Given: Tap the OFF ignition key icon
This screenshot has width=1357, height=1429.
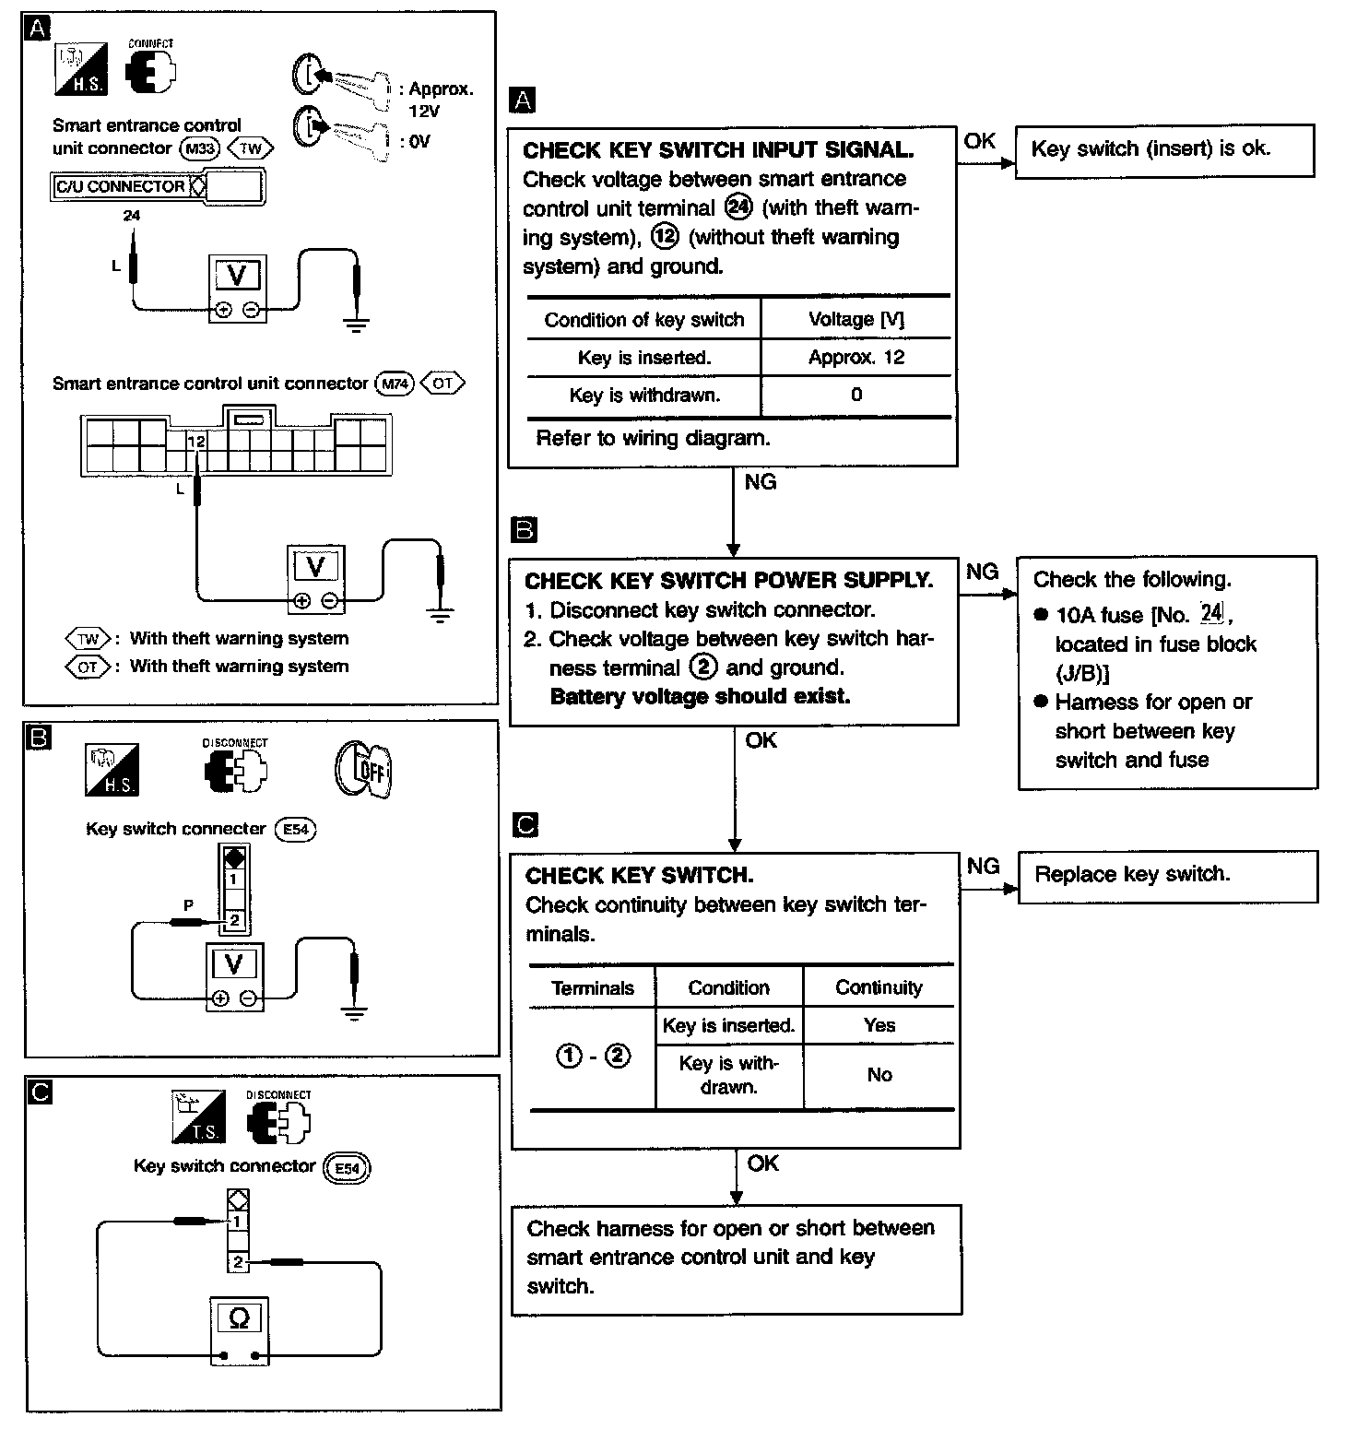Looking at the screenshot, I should pos(363,769).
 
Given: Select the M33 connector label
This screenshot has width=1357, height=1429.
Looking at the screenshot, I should pos(199,149).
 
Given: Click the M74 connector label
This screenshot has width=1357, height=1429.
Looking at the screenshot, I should pos(395,384).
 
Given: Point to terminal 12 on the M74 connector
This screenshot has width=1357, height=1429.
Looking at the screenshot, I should pos(195,442).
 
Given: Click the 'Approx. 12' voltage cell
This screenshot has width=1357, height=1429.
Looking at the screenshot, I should pos(855,358).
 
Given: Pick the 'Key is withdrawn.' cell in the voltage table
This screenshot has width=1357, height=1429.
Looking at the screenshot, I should pos(644,396).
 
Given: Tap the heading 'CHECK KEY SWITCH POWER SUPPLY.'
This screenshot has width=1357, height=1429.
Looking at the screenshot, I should pos(728,581).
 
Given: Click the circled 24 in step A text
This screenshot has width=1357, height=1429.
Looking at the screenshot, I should pos(739,207).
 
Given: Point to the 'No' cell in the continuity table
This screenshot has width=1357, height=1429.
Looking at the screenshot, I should pos(879,1075).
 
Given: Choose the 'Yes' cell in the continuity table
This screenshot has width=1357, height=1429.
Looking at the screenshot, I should pos(879,1025).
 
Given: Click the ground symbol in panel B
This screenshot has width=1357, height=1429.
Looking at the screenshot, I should pos(353,1012).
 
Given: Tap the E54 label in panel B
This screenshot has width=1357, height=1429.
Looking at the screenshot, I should pos(295,829).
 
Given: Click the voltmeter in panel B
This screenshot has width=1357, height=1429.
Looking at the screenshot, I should pos(234,976).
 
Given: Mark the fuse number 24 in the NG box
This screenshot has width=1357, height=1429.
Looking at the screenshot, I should pos(1210,614).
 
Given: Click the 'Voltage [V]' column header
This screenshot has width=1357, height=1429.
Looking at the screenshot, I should pos(855,320).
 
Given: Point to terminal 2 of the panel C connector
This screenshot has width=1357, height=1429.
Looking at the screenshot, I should pos(238,1262).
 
